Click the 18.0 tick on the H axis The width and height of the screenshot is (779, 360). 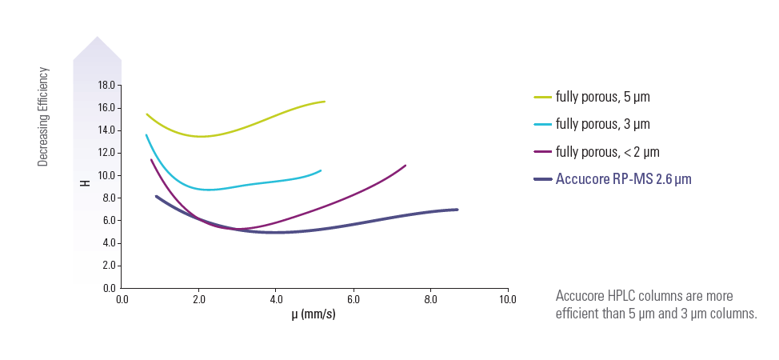click(x=106, y=85)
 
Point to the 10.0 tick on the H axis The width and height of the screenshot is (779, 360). click(x=106, y=175)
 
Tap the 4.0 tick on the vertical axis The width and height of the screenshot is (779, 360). click(x=108, y=242)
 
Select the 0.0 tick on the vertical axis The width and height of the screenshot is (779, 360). click(x=108, y=287)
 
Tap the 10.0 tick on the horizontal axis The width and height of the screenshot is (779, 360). click(x=507, y=299)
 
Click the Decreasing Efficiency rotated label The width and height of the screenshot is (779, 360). click(x=44, y=117)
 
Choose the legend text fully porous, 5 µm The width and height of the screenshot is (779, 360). click(x=603, y=97)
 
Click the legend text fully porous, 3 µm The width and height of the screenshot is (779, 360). click(x=603, y=124)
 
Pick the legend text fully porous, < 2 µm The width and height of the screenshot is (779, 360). click(x=608, y=151)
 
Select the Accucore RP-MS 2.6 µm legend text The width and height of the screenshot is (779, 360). click(x=623, y=179)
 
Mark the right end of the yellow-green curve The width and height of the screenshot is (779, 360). click(x=324, y=102)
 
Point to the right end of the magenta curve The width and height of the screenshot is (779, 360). click(x=405, y=166)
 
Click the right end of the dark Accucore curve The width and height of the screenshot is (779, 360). click(x=457, y=210)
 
